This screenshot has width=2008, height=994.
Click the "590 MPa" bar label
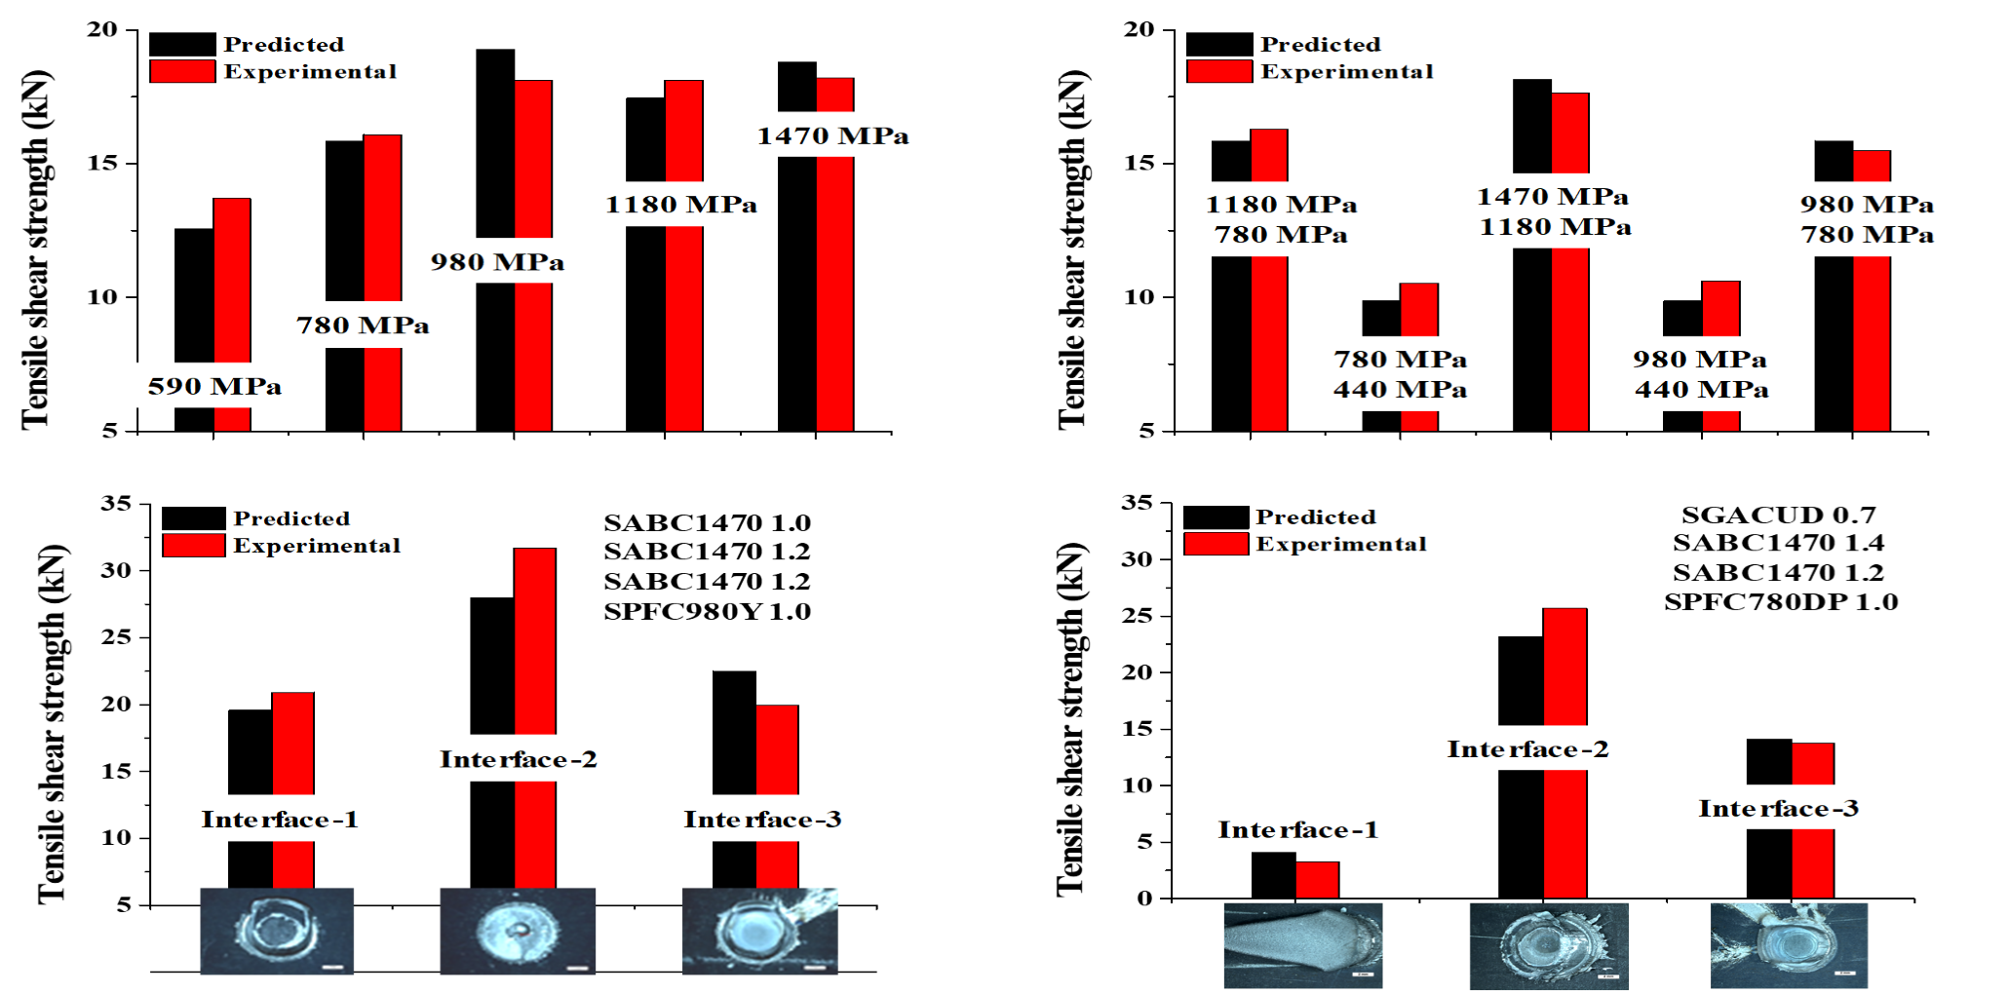pyautogui.click(x=214, y=387)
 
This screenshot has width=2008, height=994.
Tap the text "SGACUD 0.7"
pyautogui.click(x=1779, y=515)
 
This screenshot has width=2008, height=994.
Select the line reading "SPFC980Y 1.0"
pyautogui.click(x=707, y=611)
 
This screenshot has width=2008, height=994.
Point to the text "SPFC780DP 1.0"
pyautogui.click(x=1781, y=601)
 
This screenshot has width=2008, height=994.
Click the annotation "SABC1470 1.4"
pyautogui.click(x=1779, y=543)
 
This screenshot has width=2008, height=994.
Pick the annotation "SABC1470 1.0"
pyautogui.click(x=707, y=522)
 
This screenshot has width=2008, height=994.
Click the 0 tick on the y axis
pyautogui.click(x=1143, y=898)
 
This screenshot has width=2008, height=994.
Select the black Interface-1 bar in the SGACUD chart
pyautogui.click(x=1273, y=875)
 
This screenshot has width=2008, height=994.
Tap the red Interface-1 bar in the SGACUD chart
pyautogui.click(x=1317, y=880)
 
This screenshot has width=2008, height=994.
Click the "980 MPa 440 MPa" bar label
pyautogui.click(x=1701, y=374)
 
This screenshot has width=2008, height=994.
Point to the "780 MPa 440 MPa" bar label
pyautogui.click(x=1400, y=374)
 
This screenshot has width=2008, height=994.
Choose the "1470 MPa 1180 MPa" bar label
pyautogui.click(x=1554, y=211)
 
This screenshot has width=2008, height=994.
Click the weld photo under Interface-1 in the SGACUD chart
pyautogui.click(x=1302, y=945)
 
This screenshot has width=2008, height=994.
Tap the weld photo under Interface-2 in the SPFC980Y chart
pyautogui.click(x=518, y=931)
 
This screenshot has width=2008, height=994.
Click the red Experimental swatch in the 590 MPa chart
pyautogui.click(x=182, y=71)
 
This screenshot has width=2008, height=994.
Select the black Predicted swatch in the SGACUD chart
pyautogui.click(x=1216, y=516)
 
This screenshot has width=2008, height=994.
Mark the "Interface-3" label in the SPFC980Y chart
pyautogui.click(x=762, y=820)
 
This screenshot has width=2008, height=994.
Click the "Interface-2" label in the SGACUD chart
pyautogui.click(x=1527, y=749)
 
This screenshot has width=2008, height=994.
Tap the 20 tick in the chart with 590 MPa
pyautogui.click(x=101, y=29)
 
